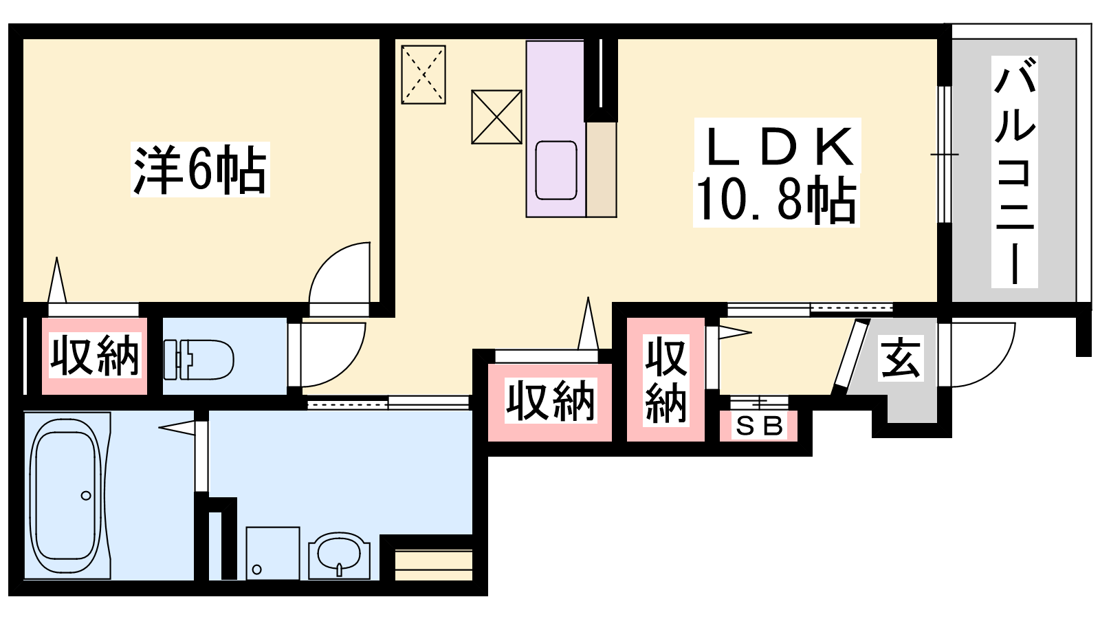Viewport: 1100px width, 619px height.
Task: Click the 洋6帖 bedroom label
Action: click(200, 169)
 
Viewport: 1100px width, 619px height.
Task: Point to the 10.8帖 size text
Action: click(776, 200)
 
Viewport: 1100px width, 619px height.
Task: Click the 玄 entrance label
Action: click(901, 358)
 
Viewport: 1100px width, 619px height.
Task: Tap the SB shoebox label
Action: click(759, 426)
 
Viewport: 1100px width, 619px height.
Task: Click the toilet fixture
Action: click(199, 360)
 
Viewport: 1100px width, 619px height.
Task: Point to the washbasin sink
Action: click(340, 555)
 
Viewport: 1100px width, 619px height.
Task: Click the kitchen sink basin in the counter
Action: click(556, 171)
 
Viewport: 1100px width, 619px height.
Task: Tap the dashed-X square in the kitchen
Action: click(423, 75)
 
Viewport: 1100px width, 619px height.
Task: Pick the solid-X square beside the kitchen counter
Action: click(496, 117)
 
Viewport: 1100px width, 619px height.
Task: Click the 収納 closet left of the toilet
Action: click(95, 356)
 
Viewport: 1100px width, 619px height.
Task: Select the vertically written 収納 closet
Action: click(666, 379)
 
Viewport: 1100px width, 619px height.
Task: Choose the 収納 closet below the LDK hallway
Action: click(550, 402)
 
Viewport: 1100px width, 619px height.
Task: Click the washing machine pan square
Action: click(273, 553)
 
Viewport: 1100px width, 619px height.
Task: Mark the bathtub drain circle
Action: click(86, 495)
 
